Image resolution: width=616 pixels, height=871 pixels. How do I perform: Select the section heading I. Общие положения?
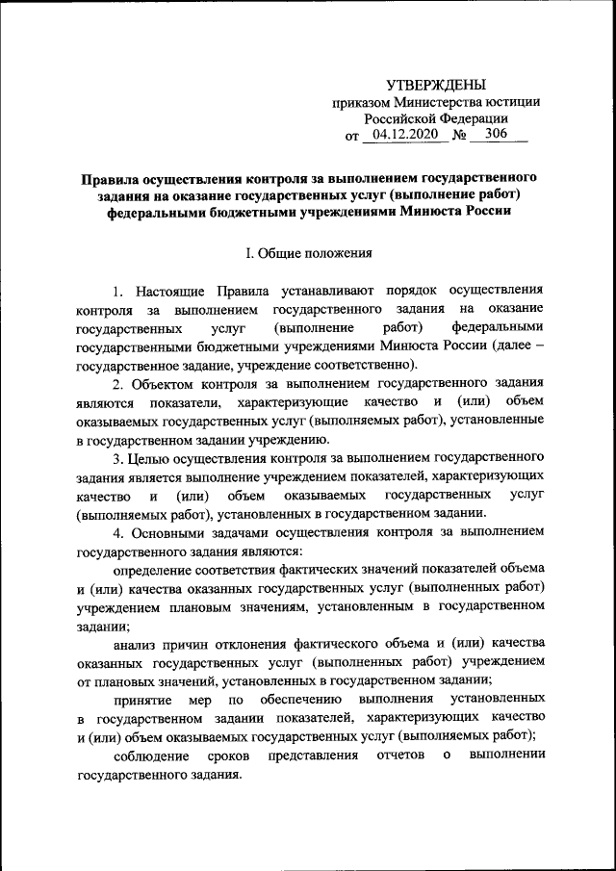308,254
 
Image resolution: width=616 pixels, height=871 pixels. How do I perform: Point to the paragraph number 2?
117,383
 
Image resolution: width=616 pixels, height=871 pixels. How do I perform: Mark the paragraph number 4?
117,532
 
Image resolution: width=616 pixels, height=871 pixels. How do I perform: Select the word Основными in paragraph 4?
171,532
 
